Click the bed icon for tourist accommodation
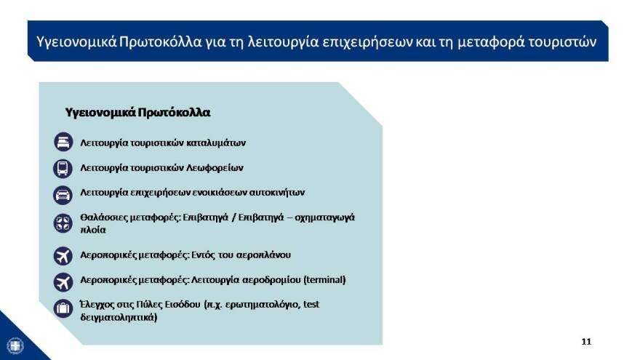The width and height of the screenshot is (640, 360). (63, 142)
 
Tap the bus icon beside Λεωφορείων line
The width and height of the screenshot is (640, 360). (63, 168)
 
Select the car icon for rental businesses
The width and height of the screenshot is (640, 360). (63, 194)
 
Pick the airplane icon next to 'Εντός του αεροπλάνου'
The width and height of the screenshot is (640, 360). (63, 255)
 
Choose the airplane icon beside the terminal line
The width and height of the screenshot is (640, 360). (63, 281)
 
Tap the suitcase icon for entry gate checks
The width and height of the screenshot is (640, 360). (63, 308)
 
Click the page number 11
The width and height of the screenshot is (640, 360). (586, 341)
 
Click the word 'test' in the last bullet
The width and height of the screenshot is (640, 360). (311, 304)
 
